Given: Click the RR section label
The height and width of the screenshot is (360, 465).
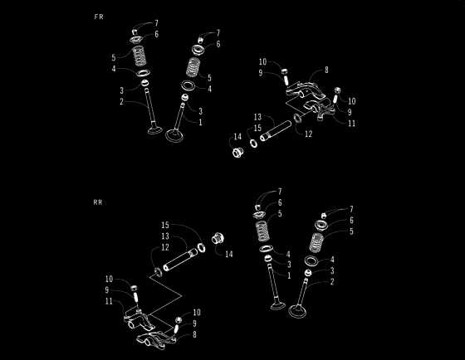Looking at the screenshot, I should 99,202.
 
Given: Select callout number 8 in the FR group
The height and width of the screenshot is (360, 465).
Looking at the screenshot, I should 327,71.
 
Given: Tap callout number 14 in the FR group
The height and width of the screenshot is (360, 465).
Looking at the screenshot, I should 237,136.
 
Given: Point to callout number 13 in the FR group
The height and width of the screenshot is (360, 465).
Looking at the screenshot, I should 258,117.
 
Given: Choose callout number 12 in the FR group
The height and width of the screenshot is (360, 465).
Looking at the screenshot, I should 308,134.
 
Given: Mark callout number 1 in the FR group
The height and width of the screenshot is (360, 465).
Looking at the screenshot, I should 200,122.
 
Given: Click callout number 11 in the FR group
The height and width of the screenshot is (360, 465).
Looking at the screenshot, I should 352,123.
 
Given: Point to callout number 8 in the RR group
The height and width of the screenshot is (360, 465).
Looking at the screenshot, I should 195,334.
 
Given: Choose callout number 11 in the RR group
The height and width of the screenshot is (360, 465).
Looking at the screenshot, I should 109,301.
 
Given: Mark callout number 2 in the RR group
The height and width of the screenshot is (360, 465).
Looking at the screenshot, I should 332,282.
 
